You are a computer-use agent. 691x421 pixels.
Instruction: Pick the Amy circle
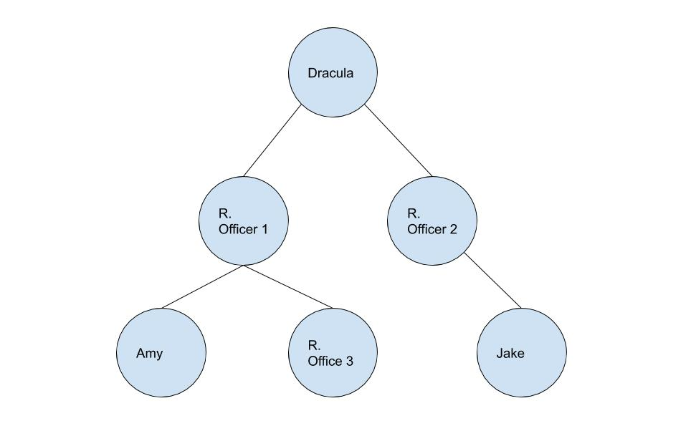pos(161,372)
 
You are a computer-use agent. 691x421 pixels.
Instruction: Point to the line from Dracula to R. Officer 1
pos(272,141)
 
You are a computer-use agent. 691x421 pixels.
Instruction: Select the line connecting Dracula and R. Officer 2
pos(399,140)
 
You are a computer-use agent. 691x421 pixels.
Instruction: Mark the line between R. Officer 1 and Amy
pos(202,287)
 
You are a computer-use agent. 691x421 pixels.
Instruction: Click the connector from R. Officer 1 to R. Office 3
pos(288,287)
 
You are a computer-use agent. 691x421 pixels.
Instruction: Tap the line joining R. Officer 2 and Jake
pos(493,281)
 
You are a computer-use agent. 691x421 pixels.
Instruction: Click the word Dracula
pos(330,73)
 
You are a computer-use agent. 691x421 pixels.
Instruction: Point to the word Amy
pos(149,354)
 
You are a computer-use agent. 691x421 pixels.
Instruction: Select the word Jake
pos(510,354)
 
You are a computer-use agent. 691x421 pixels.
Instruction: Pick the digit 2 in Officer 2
pos(452,229)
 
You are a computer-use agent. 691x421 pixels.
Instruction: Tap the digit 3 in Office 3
pos(348,361)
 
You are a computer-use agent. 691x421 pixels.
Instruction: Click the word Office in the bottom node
pos(325,361)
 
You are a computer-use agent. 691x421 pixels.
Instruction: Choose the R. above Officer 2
pos(413,213)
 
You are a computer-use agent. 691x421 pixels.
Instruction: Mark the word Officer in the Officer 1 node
pos(238,229)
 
